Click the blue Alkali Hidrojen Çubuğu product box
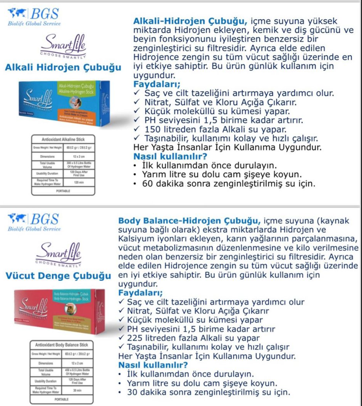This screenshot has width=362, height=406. [x=66, y=104]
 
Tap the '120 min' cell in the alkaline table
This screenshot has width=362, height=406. [x=79, y=182]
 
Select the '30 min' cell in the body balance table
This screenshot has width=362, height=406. [x=79, y=391]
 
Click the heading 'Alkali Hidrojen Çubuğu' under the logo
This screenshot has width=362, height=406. [x=63, y=67]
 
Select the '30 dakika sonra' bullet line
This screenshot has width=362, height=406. [x=208, y=392]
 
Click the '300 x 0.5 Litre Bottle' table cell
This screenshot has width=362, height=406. [x=79, y=164]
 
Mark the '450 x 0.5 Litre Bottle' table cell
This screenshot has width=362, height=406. [x=79, y=373]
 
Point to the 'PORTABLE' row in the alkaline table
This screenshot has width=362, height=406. [x=63, y=191]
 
